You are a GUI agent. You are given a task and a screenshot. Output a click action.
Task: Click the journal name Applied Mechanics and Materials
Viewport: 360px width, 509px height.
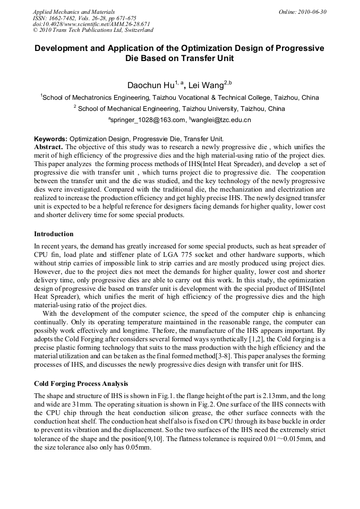[x=73, y=12]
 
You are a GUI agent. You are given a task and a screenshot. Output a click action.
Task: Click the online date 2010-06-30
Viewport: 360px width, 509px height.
[x=311, y=12]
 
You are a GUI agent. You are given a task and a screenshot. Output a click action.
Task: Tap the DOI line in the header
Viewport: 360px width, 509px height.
[x=91, y=24]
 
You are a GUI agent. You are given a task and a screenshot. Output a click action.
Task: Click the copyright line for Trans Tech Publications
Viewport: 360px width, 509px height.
[x=93, y=30]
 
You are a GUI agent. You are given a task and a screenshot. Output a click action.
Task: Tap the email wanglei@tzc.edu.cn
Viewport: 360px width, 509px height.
[x=223, y=120]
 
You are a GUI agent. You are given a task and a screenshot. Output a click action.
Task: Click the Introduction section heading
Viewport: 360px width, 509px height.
[x=54, y=234]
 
